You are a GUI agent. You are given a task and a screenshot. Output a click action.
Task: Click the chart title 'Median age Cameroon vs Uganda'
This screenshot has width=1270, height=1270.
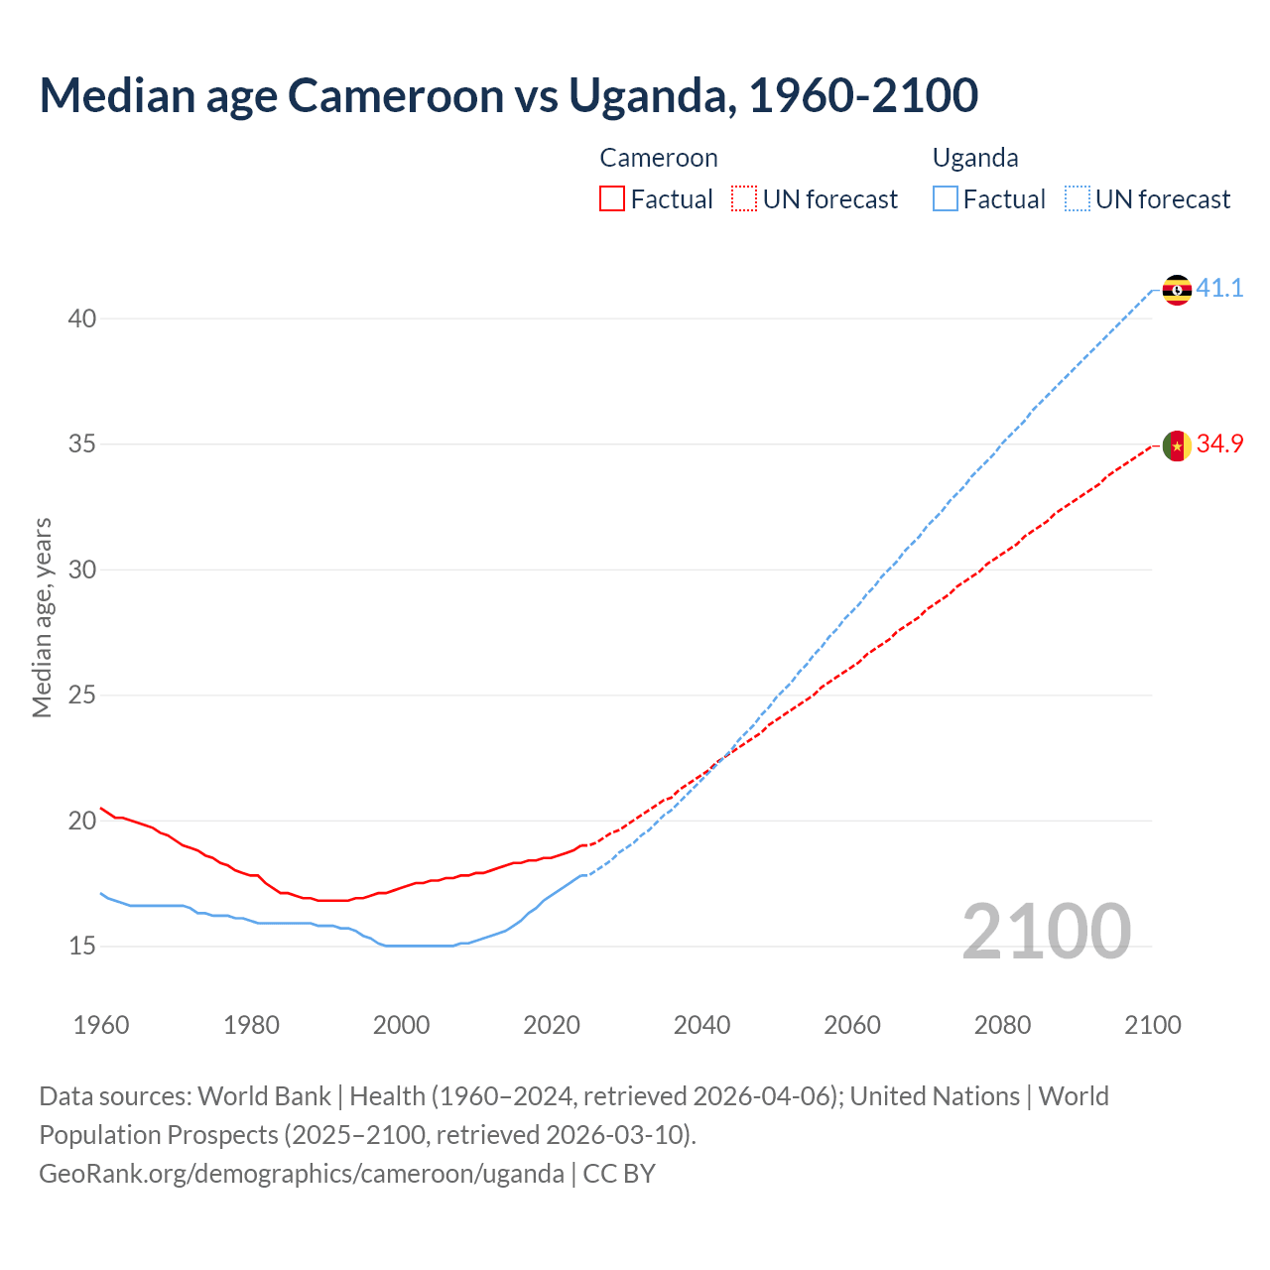click(508, 95)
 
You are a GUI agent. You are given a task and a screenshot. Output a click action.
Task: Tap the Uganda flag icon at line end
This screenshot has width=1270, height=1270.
click(1177, 290)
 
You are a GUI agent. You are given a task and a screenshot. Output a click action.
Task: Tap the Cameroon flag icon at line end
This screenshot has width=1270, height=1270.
click(1177, 446)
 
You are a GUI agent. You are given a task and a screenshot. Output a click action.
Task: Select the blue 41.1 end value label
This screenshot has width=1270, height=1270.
click(1219, 289)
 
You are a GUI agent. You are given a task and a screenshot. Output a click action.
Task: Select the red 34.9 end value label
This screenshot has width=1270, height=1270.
click(1219, 444)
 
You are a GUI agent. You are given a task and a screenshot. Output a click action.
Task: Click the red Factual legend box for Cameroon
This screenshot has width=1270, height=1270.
click(612, 199)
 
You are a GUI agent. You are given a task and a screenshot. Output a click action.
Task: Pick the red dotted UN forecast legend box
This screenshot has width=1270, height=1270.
click(744, 199)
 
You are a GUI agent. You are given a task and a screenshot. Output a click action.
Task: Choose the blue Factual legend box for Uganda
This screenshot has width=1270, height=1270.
click(946, 199)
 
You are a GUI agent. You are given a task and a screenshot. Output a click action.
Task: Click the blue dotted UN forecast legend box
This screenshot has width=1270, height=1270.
click(1077, 199)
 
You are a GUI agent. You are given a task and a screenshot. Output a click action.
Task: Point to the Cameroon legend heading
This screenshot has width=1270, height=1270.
click(658, 158)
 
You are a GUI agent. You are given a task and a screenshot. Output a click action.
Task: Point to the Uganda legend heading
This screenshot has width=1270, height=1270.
click(975, 158)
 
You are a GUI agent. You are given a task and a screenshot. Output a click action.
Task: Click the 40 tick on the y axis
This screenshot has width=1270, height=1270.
click(81, 318)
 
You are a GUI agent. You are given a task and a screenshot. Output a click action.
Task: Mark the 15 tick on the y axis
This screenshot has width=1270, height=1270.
click(81, 947)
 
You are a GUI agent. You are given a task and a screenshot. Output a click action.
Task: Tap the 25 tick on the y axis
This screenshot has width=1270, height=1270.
click(81, 696)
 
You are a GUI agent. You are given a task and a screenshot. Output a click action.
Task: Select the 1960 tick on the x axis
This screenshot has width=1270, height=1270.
click(101, 1025)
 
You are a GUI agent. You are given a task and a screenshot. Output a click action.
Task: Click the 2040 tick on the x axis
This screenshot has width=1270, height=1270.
click(701, 1025)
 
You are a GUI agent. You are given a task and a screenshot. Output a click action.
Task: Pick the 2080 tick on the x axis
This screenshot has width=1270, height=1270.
click(1002, 1025)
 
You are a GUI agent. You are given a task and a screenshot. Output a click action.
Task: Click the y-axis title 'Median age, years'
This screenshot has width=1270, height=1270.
click(42, 617)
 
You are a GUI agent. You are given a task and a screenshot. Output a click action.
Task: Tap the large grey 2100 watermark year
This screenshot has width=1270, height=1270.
click(1046, 932)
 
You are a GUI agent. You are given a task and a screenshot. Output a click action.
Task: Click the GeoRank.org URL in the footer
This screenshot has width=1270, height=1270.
click(301, 1174)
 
